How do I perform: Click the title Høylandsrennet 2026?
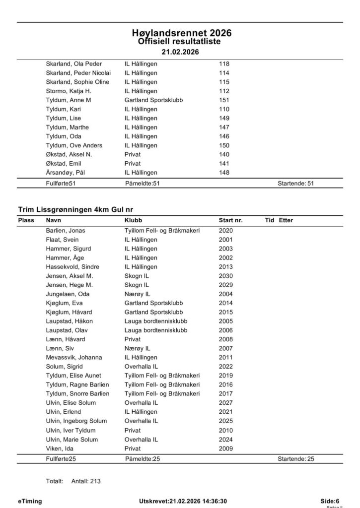point(179,33)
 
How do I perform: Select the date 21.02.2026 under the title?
point(179,52)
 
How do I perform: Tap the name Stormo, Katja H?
point(69,91)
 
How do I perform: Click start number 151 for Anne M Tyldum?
point(224,100)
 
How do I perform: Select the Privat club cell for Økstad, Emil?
point(133,164)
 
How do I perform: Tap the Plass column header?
point(26,220)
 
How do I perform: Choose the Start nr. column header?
point(230,220)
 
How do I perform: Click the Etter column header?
point(286,220)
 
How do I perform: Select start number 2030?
point(225,276)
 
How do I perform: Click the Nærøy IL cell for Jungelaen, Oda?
point(138,294)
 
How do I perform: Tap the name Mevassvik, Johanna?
point(73,357)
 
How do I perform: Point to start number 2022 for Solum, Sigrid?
point(225,366)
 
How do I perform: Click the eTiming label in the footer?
point(30,501)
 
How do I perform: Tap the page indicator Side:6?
point(330,501)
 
